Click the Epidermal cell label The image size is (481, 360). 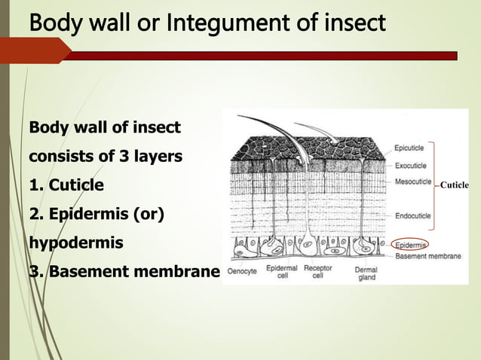point(281,271)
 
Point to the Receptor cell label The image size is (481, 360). point(319,271)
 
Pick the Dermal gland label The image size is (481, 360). point(366,272)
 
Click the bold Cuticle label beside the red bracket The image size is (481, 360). point(454,185)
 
